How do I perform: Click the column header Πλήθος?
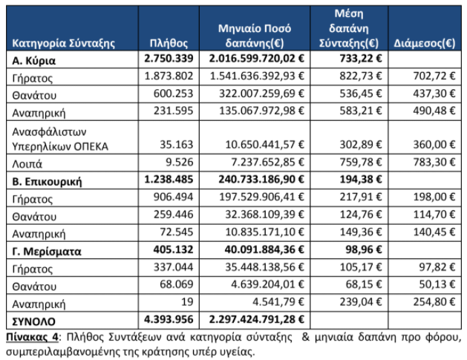pyautogui.click(x=169, y=44)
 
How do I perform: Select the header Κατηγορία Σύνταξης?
pyautogui.click(x=63, y=44)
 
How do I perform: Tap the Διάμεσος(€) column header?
pyautogui.click(x=425, y=44)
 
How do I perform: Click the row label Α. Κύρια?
pyautogui.click(x=33, y=60)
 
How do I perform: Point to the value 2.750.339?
pyautogui.click(x=169, y=59)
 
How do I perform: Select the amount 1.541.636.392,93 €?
pyautogui.click(x=257, y=76)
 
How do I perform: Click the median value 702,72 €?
pyautogui.click(x=434, y=76)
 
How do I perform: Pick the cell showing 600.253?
pyautogui.click(x=173, y=94)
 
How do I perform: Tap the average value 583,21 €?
pyautogui.click(x=361, y=111)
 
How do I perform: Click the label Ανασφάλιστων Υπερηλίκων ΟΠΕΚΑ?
pyautogui.click(x=60, y=139)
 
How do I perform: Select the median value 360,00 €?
pyautogui.click(x=434, y=145)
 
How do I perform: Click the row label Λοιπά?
pyautogui.click(x=27, y=164)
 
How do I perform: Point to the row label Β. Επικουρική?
pyautogui.click(x=47, y=181)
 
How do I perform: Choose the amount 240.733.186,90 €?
pyautogui.click(x=261, y=179)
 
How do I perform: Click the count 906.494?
pyautogui.click(x=173, y=197)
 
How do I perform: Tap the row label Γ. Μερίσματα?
pyautogui.click(x=47, y=252)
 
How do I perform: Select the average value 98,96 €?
pyautogui.click(x=364, y=249)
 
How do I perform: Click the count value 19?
pyautogui.click(x=187, y=302)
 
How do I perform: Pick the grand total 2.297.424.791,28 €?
pyautogui.click(x=256, y=319)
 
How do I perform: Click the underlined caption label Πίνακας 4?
pyautogui.click(x=32, y=337)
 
